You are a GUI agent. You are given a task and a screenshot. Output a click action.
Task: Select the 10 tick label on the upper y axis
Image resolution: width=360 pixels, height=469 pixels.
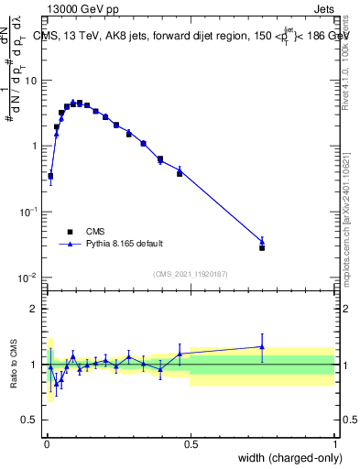click(x=32, y=80)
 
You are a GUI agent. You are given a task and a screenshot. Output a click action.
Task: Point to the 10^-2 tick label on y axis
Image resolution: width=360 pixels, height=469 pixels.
click(x=28, y=277)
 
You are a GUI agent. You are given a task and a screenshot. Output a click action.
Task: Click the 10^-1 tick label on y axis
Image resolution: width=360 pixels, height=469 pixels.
click(x=28, y=211)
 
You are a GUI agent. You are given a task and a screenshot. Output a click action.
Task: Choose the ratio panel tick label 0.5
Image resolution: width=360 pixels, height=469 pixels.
click(x=31, y=420)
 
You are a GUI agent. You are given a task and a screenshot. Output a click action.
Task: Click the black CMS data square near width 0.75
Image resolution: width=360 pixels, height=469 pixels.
click(x=262, y=247)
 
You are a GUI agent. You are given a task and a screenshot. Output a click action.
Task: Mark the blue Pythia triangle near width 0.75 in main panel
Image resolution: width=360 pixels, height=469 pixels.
click(x=262, y=241)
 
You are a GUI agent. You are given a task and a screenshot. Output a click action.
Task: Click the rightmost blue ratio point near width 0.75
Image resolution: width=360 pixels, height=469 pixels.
click(x=262, y=346)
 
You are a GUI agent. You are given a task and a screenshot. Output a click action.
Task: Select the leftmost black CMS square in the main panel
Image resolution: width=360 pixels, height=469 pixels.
click(x=50, y=176)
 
